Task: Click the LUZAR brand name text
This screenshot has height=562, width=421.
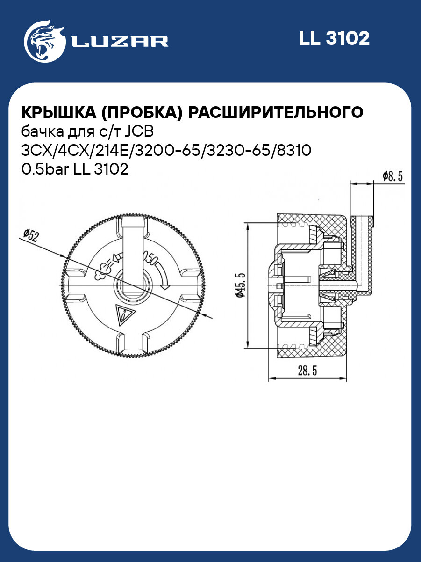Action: (x=120, y=42)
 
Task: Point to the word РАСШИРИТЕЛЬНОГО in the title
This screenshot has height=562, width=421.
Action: (x=278, y=113)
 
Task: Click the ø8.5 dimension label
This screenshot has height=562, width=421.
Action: (x=392, y=176)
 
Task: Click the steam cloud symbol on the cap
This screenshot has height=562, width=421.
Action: (x=102, y=270)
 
